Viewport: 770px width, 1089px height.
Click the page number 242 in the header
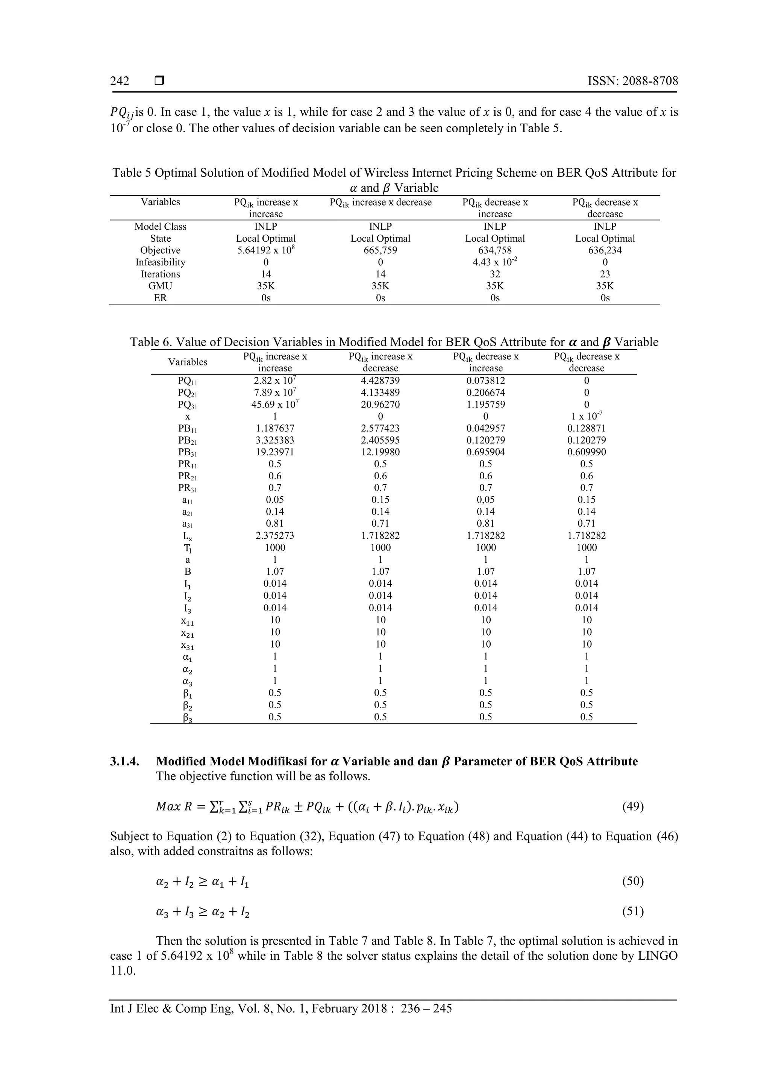pos(120,81)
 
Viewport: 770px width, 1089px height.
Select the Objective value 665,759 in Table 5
pos(380,250)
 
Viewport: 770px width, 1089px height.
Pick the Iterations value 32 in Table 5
pos(495,274)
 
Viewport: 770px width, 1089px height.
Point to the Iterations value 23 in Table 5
pos(605,274)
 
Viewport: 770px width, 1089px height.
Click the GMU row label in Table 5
pos(161,286)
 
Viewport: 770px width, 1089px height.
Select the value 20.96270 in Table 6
pos(380,404)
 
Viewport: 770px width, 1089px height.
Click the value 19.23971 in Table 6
pos(275,452)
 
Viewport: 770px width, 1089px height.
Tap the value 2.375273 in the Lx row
pos(275,536)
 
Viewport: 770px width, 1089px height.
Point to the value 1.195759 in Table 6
pos(485,404)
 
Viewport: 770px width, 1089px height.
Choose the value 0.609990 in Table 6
pos(587,452)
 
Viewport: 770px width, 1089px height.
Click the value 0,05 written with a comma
pos(485,500)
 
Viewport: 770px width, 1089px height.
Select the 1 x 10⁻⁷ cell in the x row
pos(587,416)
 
